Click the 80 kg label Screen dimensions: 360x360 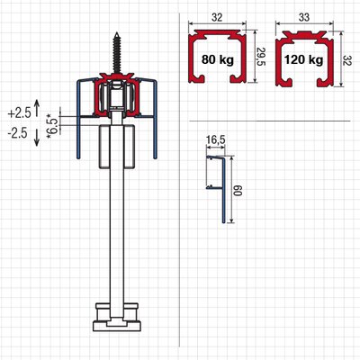point(218,59)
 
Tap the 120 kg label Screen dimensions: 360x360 point(304,60)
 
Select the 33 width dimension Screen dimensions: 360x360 point(304,17)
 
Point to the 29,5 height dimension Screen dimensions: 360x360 point(261,58)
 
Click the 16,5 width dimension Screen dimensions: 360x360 point(216,140)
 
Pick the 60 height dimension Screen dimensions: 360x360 point(238,191)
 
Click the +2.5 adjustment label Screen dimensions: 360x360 point(20,113)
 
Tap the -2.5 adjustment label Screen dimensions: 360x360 point(17,133)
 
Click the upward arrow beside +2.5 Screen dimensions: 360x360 point(37,108)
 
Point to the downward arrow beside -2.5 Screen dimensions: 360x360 point(37,138)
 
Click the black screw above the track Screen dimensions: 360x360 point(116,53)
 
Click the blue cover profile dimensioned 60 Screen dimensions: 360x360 point(223,190)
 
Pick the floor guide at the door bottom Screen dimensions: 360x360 point(117,319)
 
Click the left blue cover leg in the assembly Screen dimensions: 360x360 point(78,120)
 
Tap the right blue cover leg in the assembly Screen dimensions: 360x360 point(155,120)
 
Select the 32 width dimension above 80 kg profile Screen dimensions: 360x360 point(217,18)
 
